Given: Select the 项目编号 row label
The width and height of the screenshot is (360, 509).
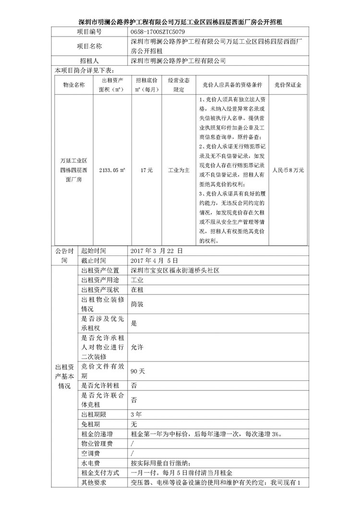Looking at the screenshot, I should pos(89,31).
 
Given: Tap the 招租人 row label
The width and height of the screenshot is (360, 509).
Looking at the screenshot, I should pos(89,61).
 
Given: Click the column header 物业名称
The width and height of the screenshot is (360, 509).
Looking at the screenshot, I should pos(73,85).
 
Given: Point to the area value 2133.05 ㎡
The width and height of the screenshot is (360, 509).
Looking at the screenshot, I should pos(111,170).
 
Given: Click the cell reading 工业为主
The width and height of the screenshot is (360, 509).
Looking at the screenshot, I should pos(179,170).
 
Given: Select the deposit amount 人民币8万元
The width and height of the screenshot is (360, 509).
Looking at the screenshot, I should pos(288,170).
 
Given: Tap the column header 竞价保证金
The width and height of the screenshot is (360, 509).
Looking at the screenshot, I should pos(288,85).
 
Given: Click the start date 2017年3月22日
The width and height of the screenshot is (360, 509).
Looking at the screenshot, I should pos(157,251).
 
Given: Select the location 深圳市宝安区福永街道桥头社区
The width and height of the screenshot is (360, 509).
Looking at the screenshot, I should pos(175,271).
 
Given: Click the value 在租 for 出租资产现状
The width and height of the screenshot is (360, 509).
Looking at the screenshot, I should pos(137,290).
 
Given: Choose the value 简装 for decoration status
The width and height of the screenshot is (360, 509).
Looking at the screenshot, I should pos(137,304).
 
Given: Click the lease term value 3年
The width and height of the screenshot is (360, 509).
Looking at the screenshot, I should pos(136,414).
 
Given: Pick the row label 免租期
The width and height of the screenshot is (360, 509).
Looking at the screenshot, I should pos(90,424).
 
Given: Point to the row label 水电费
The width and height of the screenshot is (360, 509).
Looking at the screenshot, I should pos(90,463).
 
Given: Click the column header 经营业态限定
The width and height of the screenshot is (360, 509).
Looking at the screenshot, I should pos(179,85).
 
